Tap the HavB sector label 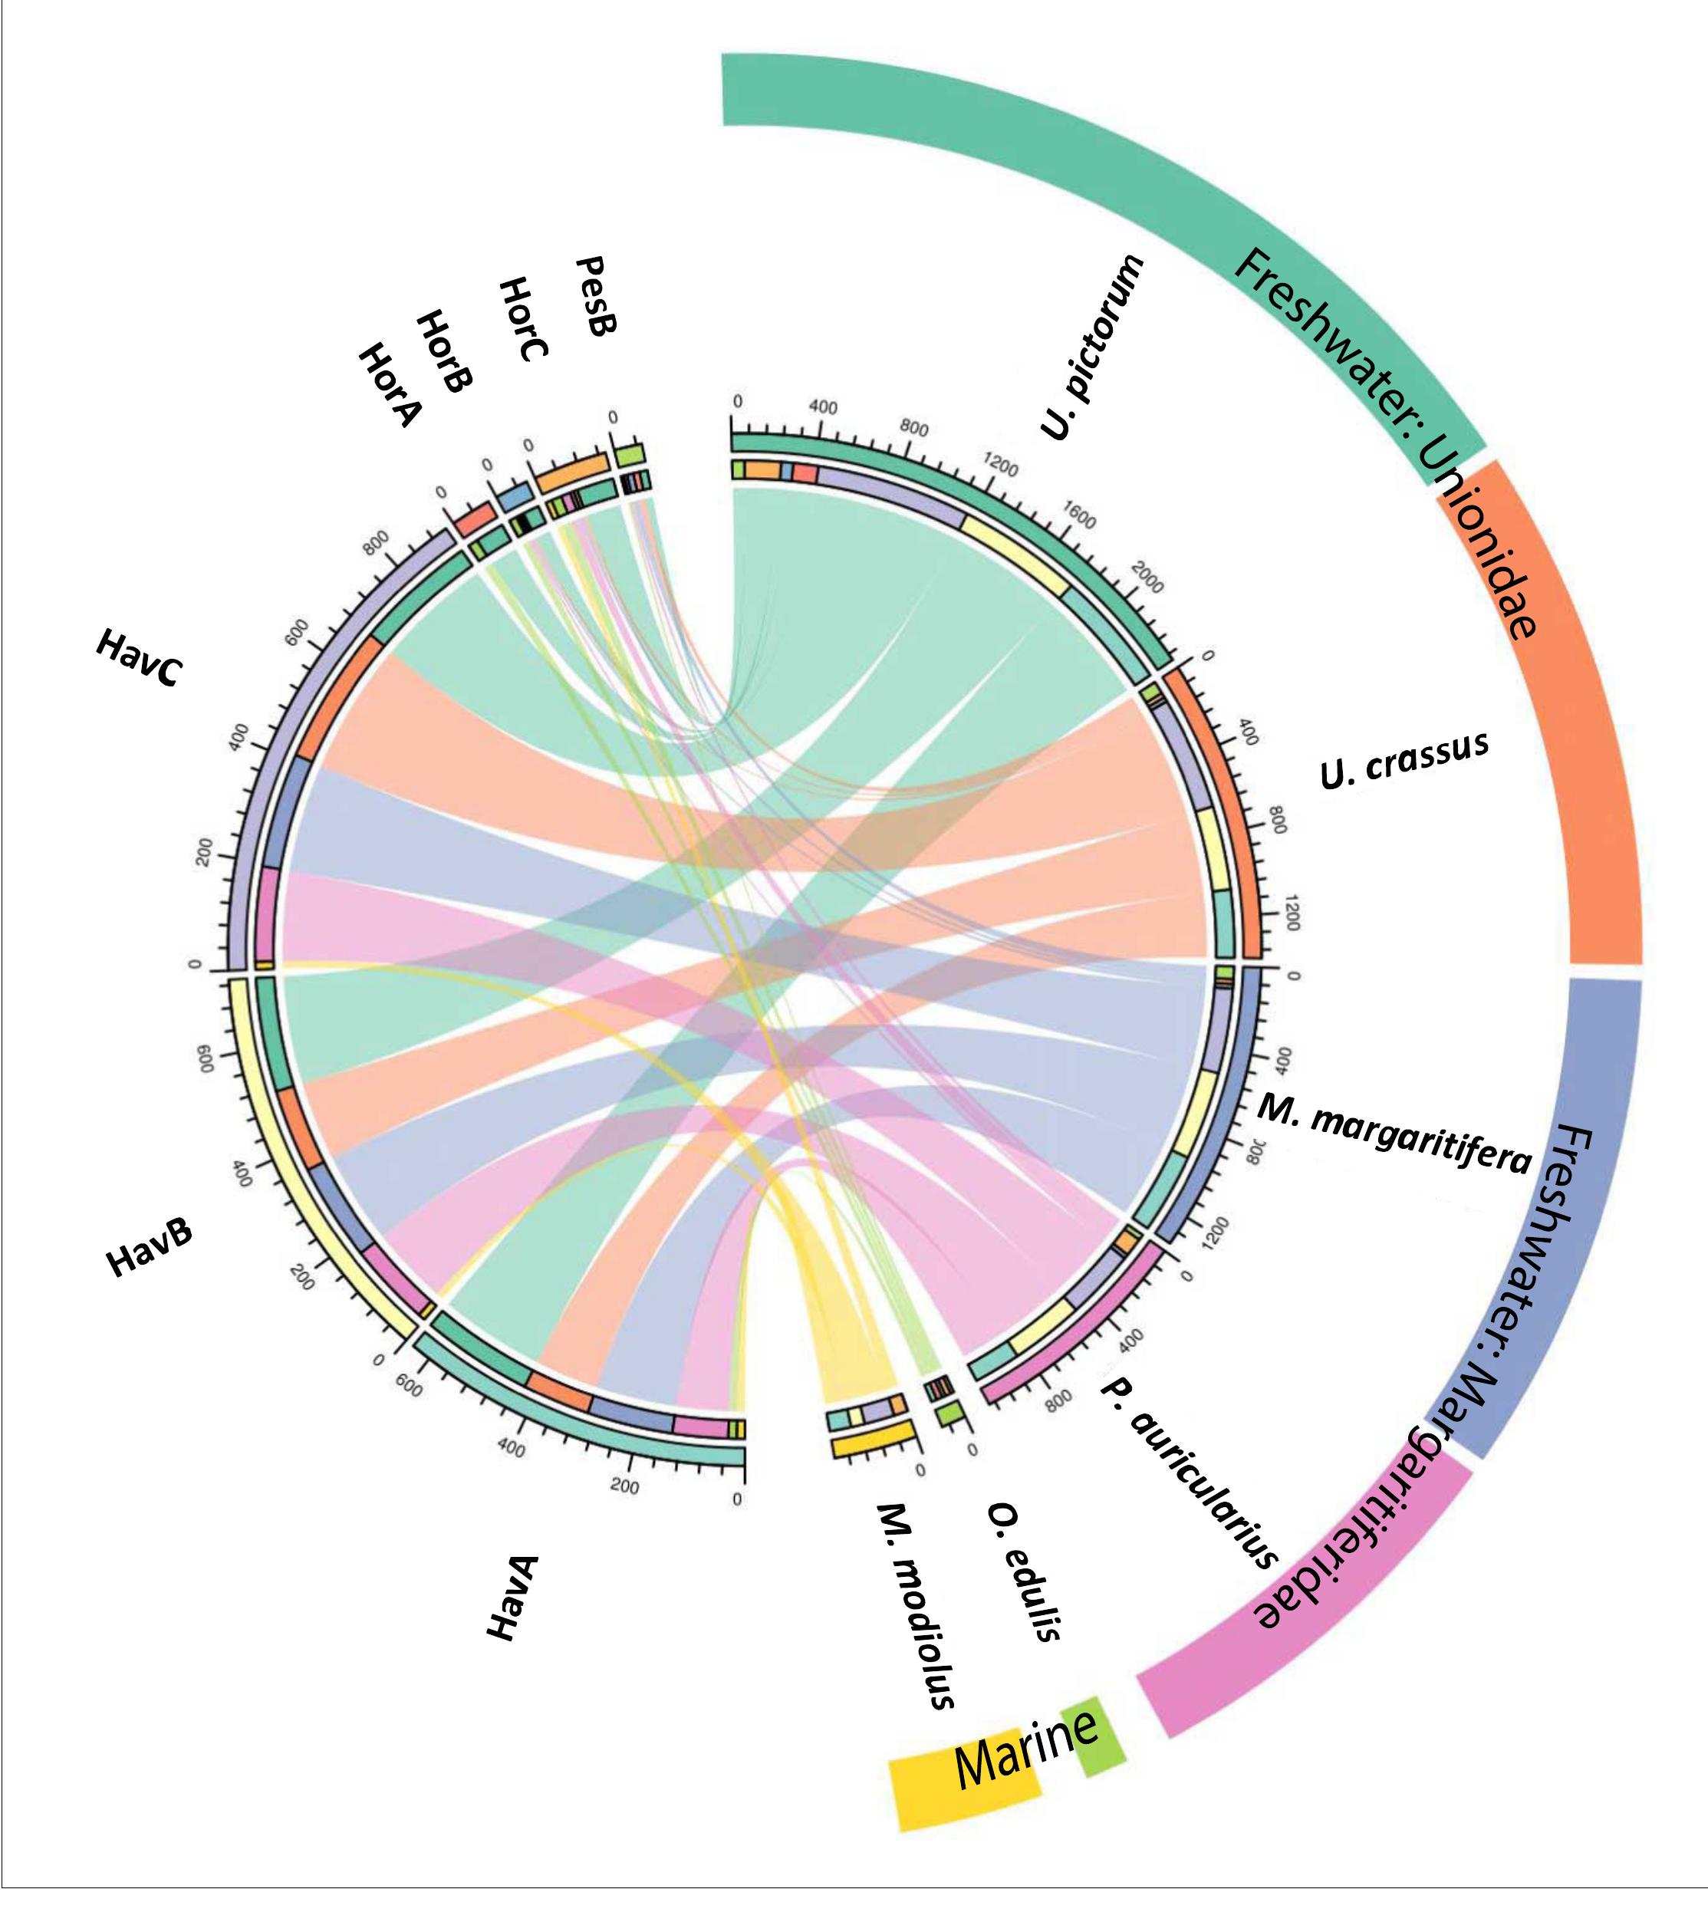point(150,1249)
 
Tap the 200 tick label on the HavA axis point(623,1487)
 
